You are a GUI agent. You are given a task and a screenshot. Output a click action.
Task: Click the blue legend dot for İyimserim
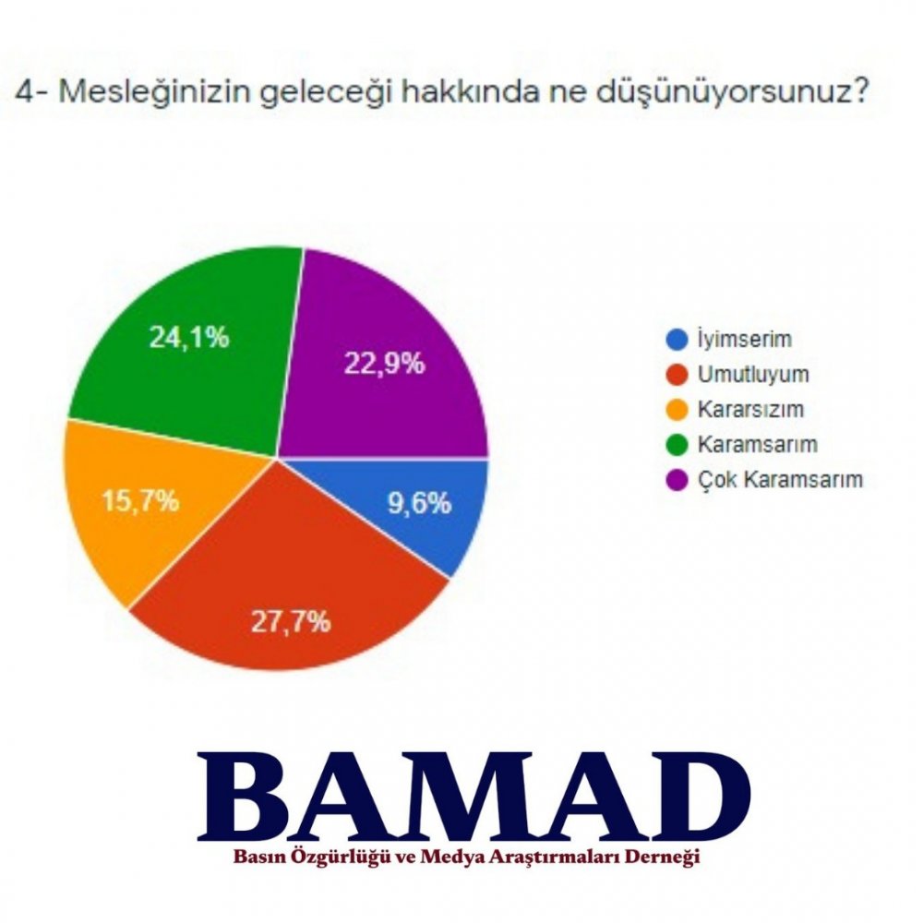coord(677,340)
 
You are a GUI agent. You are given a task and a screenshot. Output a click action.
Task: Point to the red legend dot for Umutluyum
coord(677,375)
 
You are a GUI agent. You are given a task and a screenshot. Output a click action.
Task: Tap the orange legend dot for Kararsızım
coord(677,410)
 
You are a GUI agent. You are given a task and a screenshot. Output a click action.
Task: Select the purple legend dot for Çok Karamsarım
coord(677,480)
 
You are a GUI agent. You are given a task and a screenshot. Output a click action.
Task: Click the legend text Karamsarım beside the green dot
coord(758,445)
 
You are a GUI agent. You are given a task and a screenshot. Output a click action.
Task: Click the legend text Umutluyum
coord(753,375)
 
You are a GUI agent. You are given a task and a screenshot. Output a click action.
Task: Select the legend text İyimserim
coord(745,340)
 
